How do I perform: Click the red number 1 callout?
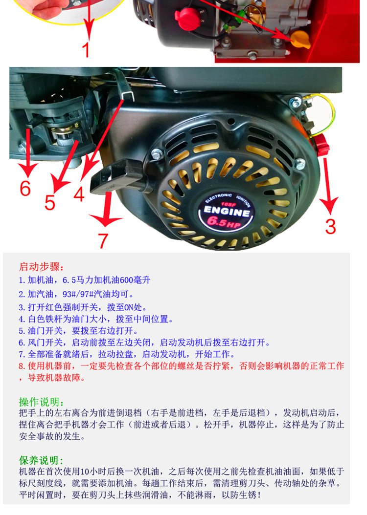[86, 49]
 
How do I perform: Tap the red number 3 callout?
[330, 227]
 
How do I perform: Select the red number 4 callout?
[79, 193]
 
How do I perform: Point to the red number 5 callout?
[49, 203]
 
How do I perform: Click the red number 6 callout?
[25, 188]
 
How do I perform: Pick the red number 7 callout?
[103, 241]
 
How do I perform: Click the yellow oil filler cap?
[301, 40]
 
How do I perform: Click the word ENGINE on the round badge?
[227, 211]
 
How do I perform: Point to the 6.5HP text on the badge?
[225, 222]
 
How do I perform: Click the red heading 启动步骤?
[42, 266]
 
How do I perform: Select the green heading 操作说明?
[42, 402]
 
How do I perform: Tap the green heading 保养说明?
[42, 460]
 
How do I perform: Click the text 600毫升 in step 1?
[135, 280]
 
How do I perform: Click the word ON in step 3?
[129, 307]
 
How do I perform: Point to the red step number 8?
[22, 366]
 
